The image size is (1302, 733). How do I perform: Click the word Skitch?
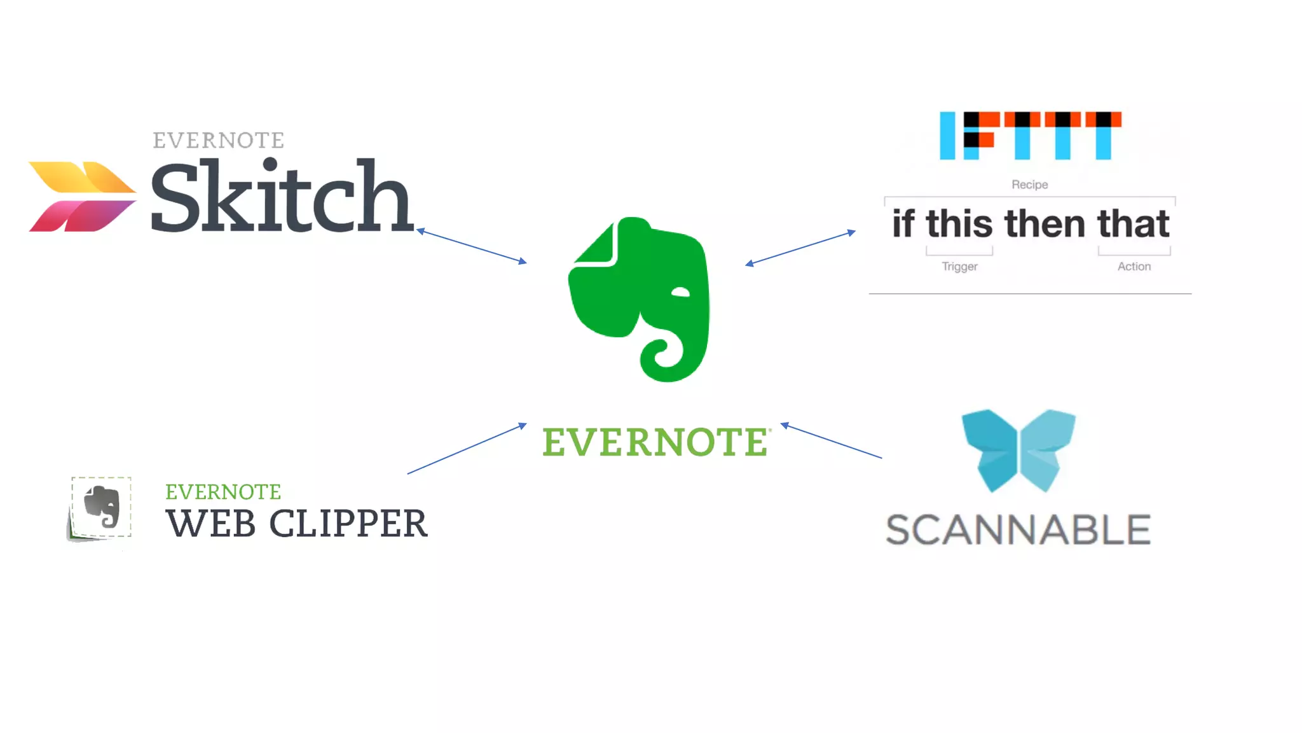coord(282,197)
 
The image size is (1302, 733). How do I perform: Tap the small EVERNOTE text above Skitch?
coord(218,141)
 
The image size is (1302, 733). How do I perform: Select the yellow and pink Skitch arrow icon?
coord(82,197)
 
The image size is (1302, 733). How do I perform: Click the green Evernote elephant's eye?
coord(680,292)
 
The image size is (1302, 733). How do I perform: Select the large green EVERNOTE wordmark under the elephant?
coord(655,442)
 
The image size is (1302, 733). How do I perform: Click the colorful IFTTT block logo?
coord(1031,136)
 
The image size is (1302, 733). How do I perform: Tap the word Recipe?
coord(1030,185)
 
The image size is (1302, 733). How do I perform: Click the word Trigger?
coord(959,267)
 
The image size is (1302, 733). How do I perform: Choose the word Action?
coord(1134,267)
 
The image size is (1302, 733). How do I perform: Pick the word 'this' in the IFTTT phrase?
coord(959,224)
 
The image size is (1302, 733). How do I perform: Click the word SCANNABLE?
coord(1018,530)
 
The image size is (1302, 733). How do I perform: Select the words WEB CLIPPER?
coord(296,524)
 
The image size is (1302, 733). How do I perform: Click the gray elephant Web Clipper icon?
coord(101,508)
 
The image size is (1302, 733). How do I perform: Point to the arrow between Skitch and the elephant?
coord(472,246)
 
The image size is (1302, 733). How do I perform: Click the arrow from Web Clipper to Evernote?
coord(467,449)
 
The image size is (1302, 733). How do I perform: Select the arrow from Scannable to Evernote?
coord(831,440)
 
